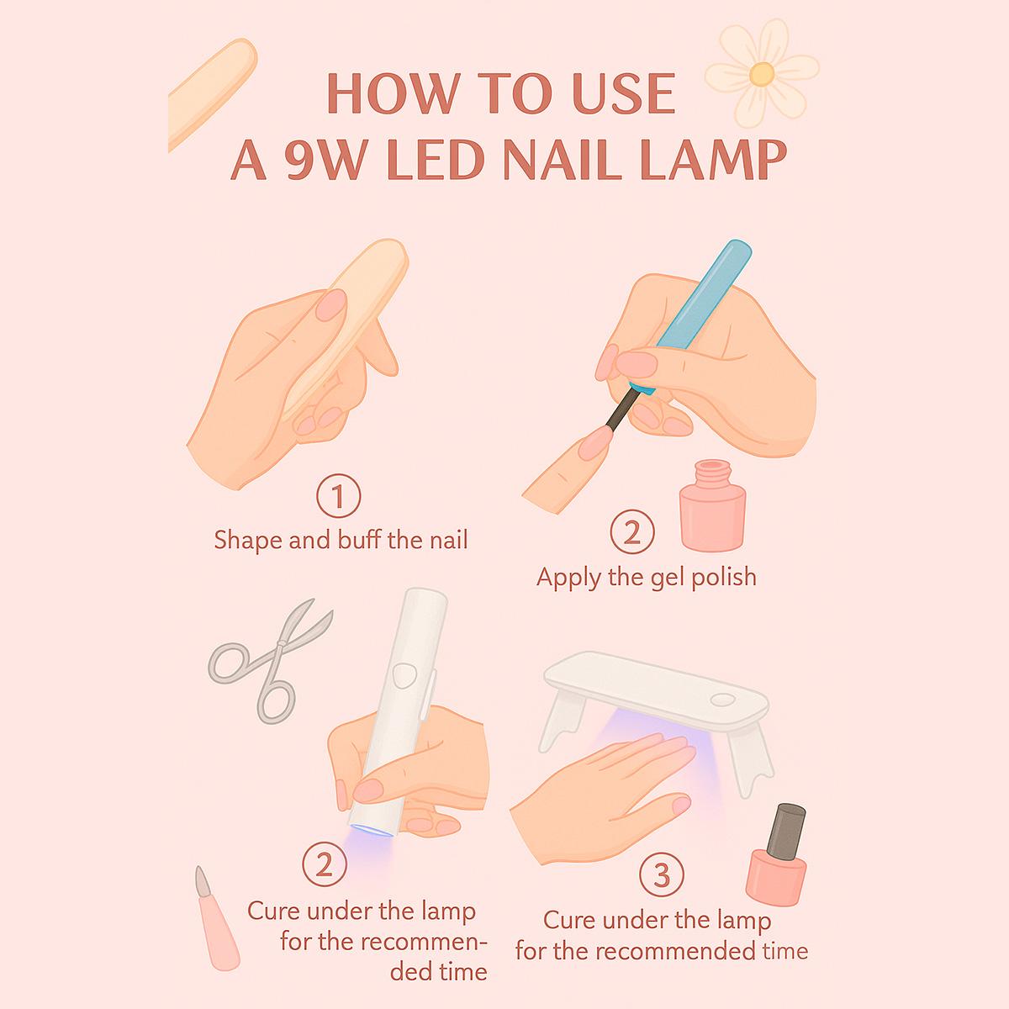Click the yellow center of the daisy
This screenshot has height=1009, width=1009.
761,74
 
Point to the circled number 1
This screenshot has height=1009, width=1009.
338,496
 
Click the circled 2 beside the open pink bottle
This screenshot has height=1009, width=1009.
632,532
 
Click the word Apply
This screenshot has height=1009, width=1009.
568,578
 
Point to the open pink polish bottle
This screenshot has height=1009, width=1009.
712,506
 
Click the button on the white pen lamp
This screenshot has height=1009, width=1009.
404,675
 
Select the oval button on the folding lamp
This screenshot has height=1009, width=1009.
723,700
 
